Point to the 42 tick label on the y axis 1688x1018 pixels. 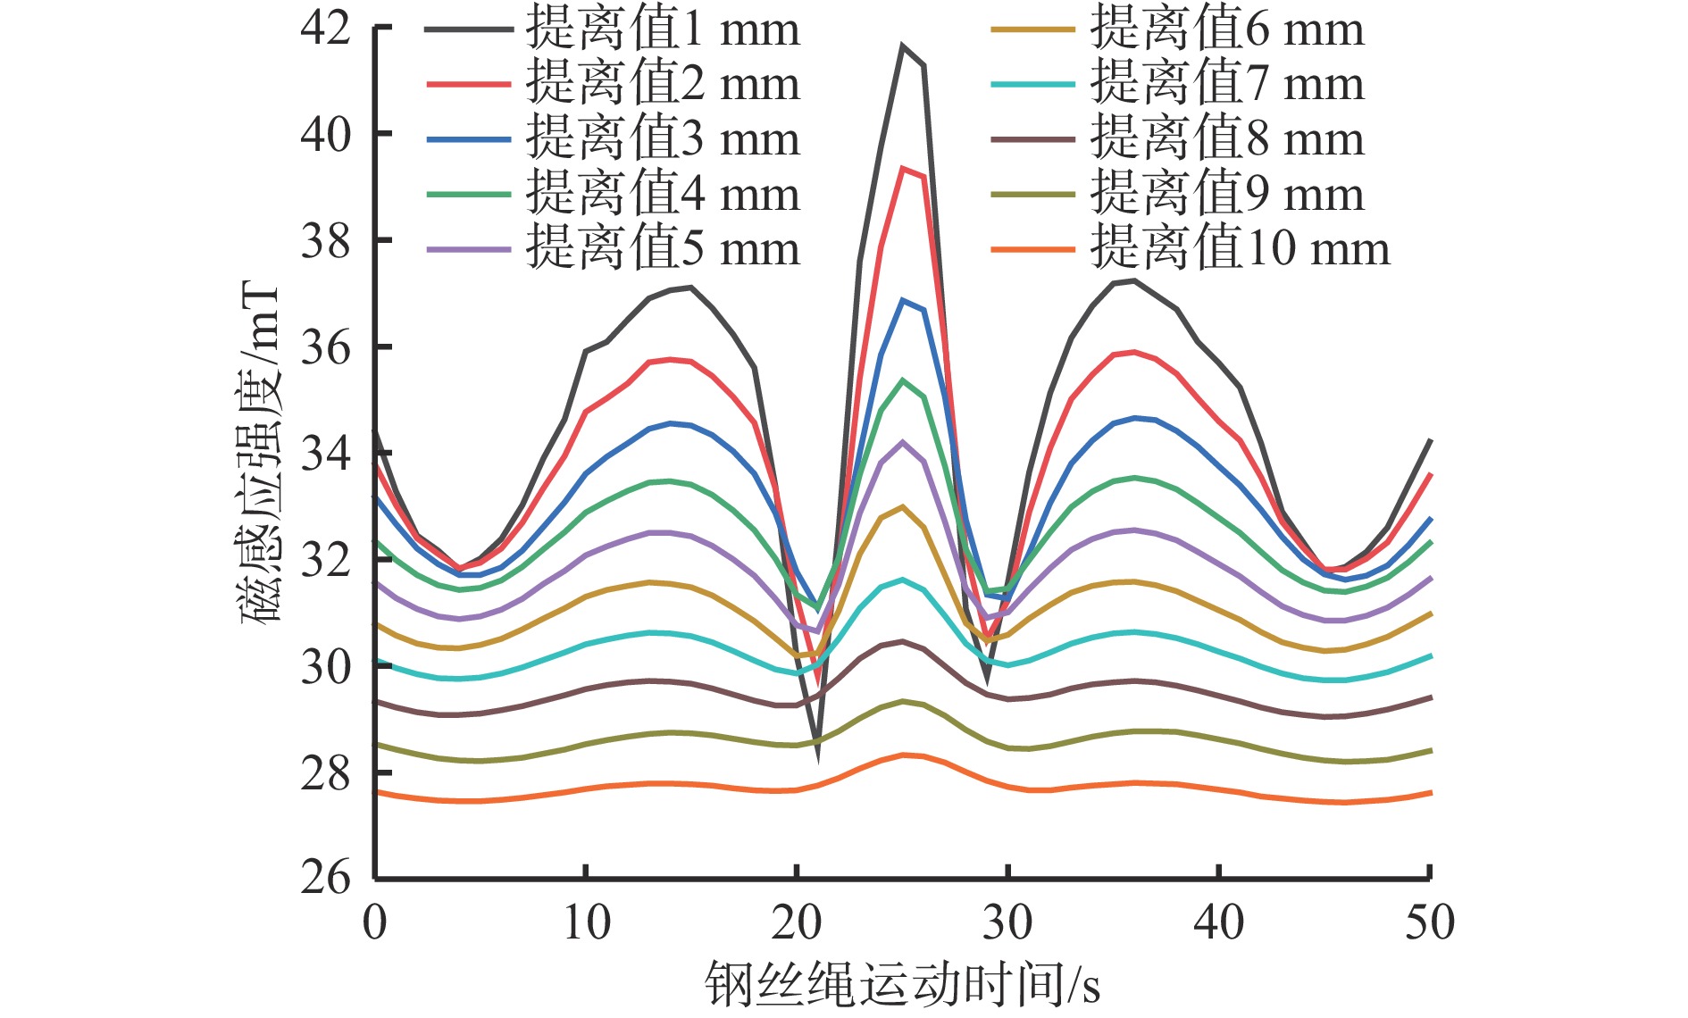pos(326,28)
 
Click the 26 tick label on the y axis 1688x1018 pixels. pos(326,878)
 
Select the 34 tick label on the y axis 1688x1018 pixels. pos(326,454)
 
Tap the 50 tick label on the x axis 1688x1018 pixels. pos(1429,922)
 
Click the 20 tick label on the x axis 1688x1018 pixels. pos(797,922)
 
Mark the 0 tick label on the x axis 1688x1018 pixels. pos(375,922)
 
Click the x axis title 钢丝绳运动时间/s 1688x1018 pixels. pos(902,985)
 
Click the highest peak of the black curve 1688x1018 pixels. pos(902,46)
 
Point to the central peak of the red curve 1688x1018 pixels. pos(903,168)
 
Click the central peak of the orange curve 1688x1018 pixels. pos(904,755)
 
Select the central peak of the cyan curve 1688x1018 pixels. pos(902,580)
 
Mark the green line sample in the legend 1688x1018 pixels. pos(469,194)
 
